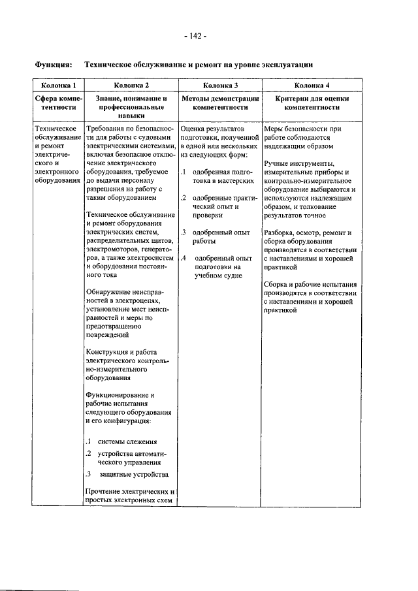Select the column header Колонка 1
[59, 85]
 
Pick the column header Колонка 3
[220, 85]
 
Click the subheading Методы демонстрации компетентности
[220, 103]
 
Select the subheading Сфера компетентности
[59, 103]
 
